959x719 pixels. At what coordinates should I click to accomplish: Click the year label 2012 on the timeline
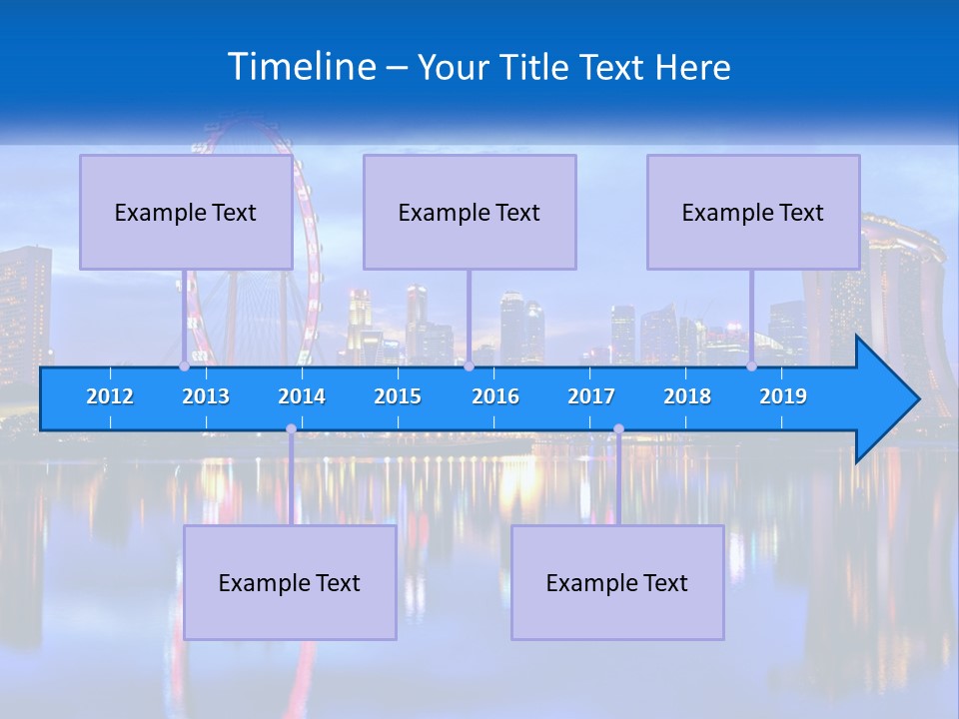(110, 396)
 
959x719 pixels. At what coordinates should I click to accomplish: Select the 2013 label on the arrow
(206, 396)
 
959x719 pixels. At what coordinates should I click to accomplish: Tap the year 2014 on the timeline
(302, 396)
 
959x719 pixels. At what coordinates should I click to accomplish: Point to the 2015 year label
(398, 396)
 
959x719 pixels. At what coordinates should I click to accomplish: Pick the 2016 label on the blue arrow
(495, 396)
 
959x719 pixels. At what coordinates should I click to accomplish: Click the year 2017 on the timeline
(591, 396)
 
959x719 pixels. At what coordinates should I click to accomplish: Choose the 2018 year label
(687, 396)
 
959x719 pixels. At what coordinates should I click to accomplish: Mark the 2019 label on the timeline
(783, 396)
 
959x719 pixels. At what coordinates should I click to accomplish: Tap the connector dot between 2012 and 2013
(184, 366)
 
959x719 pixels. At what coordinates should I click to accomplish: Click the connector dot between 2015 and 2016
(469, 366)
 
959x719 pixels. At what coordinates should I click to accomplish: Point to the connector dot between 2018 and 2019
(752, 366)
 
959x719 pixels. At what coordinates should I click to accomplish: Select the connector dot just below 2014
(291, 429)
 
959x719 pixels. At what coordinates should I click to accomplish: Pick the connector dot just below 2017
(618, 429)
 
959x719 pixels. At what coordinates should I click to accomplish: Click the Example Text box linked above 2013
(186, 213)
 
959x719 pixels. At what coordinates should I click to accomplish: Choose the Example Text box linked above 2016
(470, 213)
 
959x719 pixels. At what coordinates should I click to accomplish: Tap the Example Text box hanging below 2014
(290, 583)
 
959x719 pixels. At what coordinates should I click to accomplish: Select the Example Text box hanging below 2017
(617, 583)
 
